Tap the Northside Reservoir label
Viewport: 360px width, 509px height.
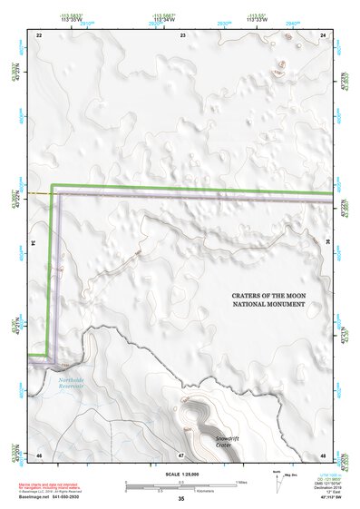click(x=71, y=383)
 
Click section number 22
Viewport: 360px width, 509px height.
click(x=39, y=34)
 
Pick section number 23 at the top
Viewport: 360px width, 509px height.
click(x=183, y=34)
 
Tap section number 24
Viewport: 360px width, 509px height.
click(x=324, y=34)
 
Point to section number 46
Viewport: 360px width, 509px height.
click(x=39, y=454)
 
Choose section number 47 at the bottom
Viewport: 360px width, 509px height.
click(x=180, y=454)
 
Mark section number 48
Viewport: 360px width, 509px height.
click(x=324, y=454)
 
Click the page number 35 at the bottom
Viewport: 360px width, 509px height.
click(x=181, y=499)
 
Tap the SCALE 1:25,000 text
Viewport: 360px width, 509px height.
click(x=180, y=474)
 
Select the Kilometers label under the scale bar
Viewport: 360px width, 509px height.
click(x=186, y=488)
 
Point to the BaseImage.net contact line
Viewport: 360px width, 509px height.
click(x=53, y=497)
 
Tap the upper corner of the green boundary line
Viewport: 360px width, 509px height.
click(x=53, y=186)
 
